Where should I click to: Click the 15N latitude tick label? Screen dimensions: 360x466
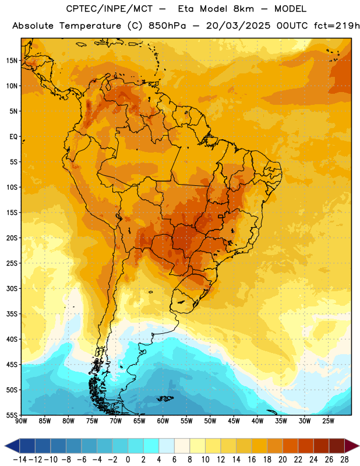tap(12, 61)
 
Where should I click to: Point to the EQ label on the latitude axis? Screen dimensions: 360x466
tap(13, 137)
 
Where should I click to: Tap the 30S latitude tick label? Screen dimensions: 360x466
tap(12, 288)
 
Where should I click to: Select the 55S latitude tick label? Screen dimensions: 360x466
tap(12, 415)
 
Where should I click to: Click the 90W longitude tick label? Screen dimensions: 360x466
tap(21, 421)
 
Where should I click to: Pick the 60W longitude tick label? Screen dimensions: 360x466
tap(163, 421)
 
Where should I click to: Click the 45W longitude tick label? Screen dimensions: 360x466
tap(234, 421)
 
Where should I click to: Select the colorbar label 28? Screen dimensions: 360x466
tap(344, 460)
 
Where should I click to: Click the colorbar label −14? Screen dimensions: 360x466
tap(20, 460)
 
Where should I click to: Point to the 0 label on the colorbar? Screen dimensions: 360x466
tap(128, 460)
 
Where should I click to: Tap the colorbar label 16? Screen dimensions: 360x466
tap(252, 460)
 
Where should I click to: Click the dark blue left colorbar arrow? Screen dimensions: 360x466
tap(12, 446)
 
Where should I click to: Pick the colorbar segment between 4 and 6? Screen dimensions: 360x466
tap(167, 446)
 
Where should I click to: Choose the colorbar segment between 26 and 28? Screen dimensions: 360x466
tap(337, 446)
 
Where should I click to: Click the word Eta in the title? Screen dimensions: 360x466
tap(185, 9)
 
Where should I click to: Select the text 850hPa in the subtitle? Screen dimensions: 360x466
tap(167, 26)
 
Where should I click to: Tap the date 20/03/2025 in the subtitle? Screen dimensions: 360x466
tap(238, 26)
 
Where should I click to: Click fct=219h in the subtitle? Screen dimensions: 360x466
tap(337, 26)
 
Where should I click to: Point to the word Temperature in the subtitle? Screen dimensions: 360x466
tap(90, 26)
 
